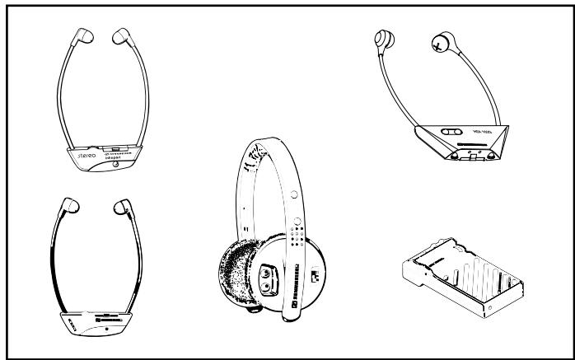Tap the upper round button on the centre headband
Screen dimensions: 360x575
(294, 195)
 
